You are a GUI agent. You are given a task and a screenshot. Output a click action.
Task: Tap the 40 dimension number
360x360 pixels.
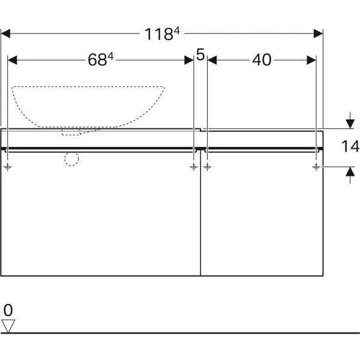pyautogui.click(x=262, y=60)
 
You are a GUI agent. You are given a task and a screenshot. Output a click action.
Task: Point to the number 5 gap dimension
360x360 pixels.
pyautogui.click(x=200, y=55)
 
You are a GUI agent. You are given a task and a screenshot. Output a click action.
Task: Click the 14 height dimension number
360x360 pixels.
pyautogui.click(x=350, y=146)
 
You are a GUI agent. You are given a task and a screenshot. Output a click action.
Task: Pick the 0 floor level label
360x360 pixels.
pyautogui.click(x=8, y=310)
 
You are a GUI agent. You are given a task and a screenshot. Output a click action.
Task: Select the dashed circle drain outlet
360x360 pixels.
pyautogui.click(x=71, y=158)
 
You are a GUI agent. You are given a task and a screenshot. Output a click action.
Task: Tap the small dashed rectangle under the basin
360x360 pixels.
pyautogui.click(x=71, y=133)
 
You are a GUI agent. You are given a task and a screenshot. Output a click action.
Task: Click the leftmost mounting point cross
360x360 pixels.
pyautogui.click(x=8, y=167)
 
